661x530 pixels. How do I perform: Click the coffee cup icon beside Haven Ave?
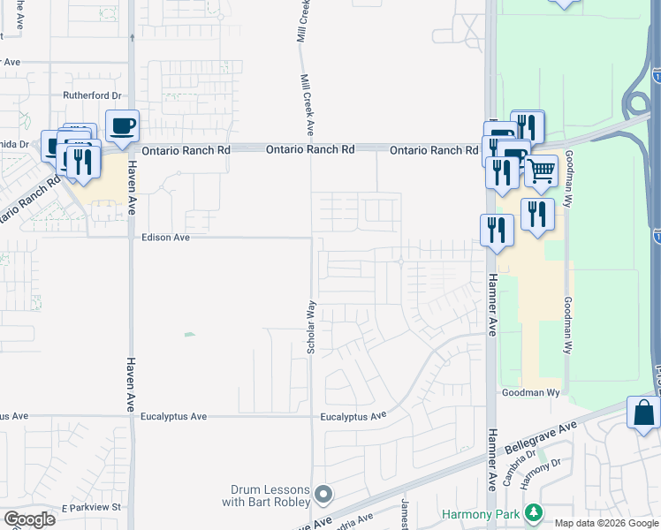pyautogui.click(x=122, y=125)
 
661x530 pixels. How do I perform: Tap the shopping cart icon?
pyautogui.click(x=541, y=170)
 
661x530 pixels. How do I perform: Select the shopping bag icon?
pyautogui.click(x=643, y=413)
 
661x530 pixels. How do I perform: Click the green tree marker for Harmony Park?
pyautogui.click(x=533, y=513)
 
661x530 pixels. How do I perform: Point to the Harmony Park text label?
pyautogui.click(x=482, y=513)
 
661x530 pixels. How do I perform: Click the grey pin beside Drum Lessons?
pyautogui.click(x=323, y=494)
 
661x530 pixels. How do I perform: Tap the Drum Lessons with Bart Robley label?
pyautogui.click(x=270, y=496)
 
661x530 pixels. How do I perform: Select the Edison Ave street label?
pyautogui.click(x=166, y=238)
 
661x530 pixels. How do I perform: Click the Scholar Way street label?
pyautogui.click(x=311, y=328)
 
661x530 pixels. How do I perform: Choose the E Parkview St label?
pyautogui.click(x=91, y=507)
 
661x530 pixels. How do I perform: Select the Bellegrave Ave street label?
pyautogui.click(x=540, y=437)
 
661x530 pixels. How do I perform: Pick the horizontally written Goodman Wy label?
pyautogui.click(x=531, y=391)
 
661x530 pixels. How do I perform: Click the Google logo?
pyautogui.click(x=30, y=519)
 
